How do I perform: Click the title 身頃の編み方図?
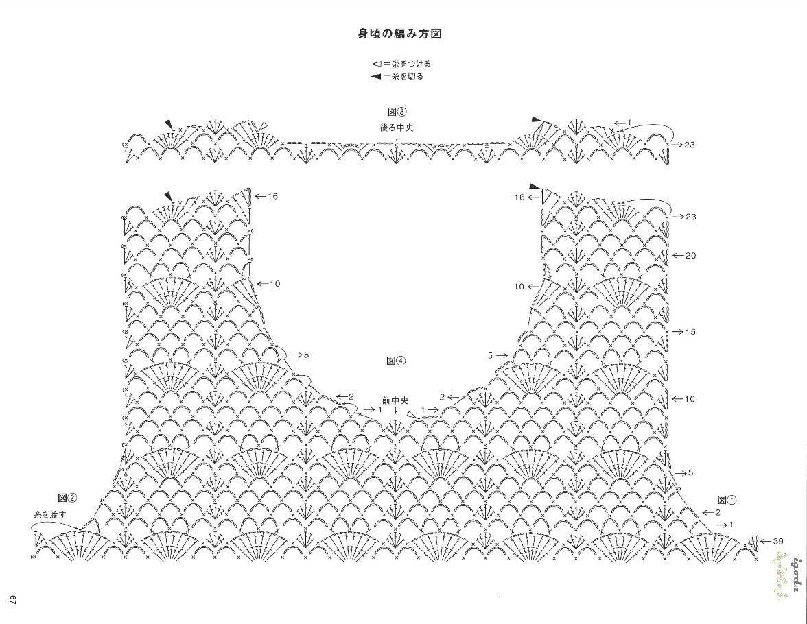tap(400, 34)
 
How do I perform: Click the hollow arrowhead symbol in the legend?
tap(376, 64)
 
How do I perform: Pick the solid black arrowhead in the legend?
tap(376, 77)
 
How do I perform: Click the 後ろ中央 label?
tap(397, 127)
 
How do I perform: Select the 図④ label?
tap(396, 361)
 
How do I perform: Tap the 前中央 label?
tap(395, 400)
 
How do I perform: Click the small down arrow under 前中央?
tap(395, 410)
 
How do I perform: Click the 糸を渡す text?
tap(50, 514)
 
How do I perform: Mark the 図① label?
tap(727, 499)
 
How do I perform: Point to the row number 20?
tap(690, 256)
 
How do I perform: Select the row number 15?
tap(690, 332)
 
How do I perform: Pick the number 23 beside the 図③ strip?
tap(690, 145)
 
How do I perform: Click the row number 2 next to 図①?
tap(717, 512)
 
